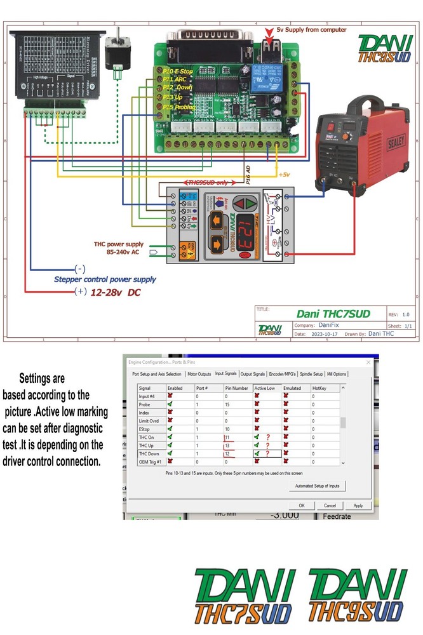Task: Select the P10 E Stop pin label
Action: pyautogui.click(x=178, y=72)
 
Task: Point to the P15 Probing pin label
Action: pyautogui.click(x=178, y=107)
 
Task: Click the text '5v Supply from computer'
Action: pyautogui.click(x=311, y=30)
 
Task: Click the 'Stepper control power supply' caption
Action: pyautogui.click(x=104, y=279)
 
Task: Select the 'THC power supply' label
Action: pyautogui.click(x=119, y=244)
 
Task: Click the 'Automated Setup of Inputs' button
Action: pyautogui.click(x=317, y=486)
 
